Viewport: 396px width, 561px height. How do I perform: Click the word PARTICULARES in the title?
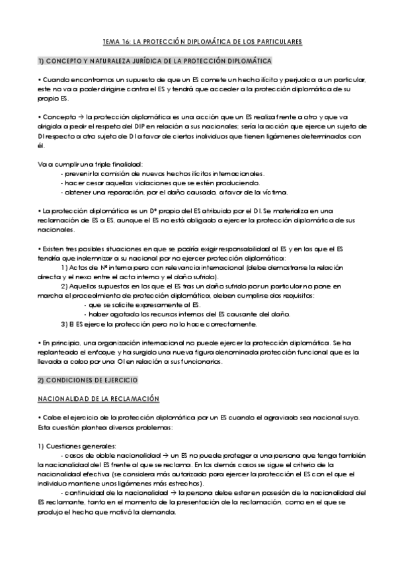coord(278,41)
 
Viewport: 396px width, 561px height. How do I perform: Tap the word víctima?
coord(274,193)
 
